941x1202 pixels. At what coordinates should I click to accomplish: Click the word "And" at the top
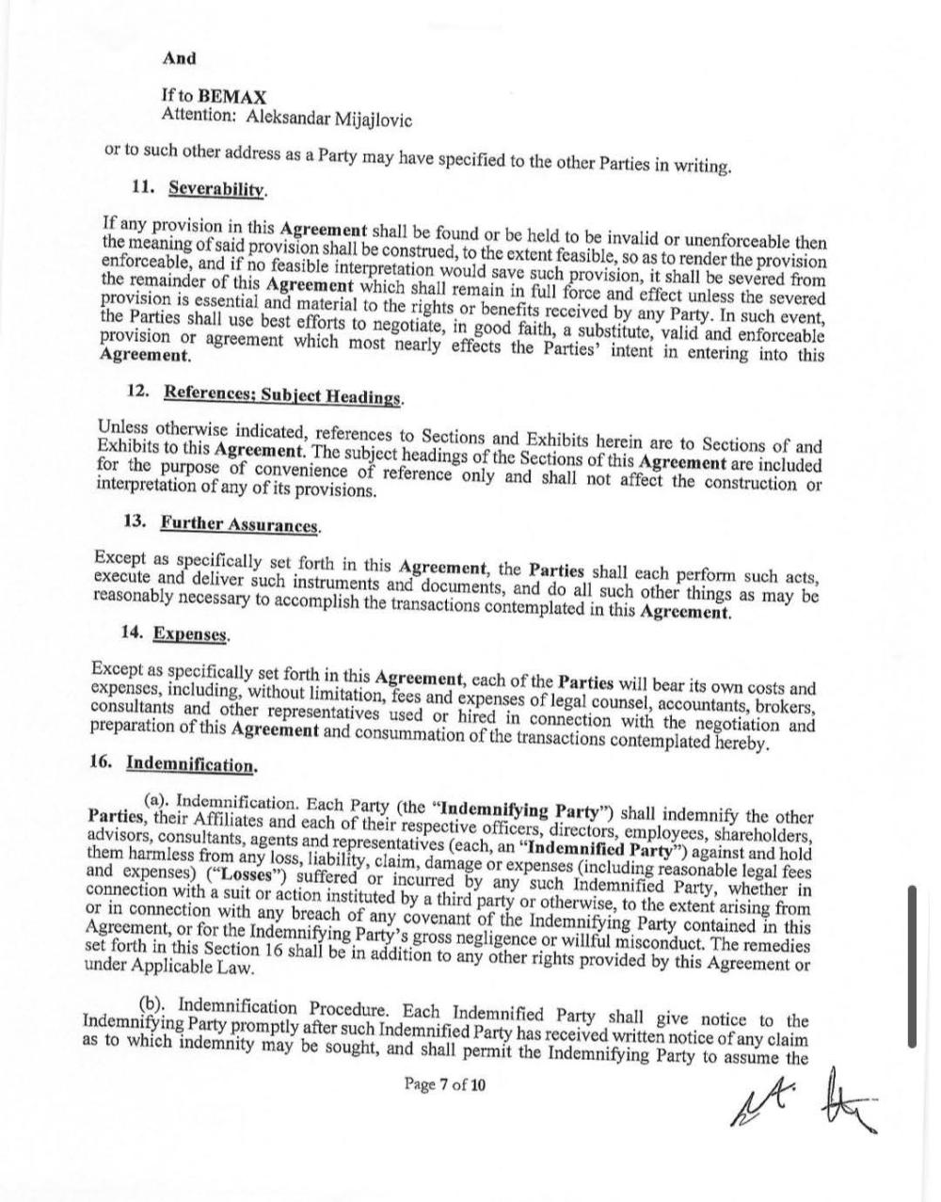[x=179, y=58]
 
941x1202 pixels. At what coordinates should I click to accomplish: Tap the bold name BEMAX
[x=232, y=97]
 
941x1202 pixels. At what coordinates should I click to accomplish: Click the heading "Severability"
[x=216, y=187]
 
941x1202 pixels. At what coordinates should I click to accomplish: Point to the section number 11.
[x=143, y=185]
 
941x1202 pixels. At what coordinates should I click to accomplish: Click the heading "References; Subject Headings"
[x=282, y=394]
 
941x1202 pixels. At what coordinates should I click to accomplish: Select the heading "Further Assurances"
[x=239, y=523]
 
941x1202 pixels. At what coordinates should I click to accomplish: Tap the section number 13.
[x=136, y=521]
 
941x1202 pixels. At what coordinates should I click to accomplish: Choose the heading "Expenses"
[x=190, y=634]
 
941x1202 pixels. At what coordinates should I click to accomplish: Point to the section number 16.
[x=102, y=761]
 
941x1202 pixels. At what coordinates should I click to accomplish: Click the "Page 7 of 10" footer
[x=445, y=1084]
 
